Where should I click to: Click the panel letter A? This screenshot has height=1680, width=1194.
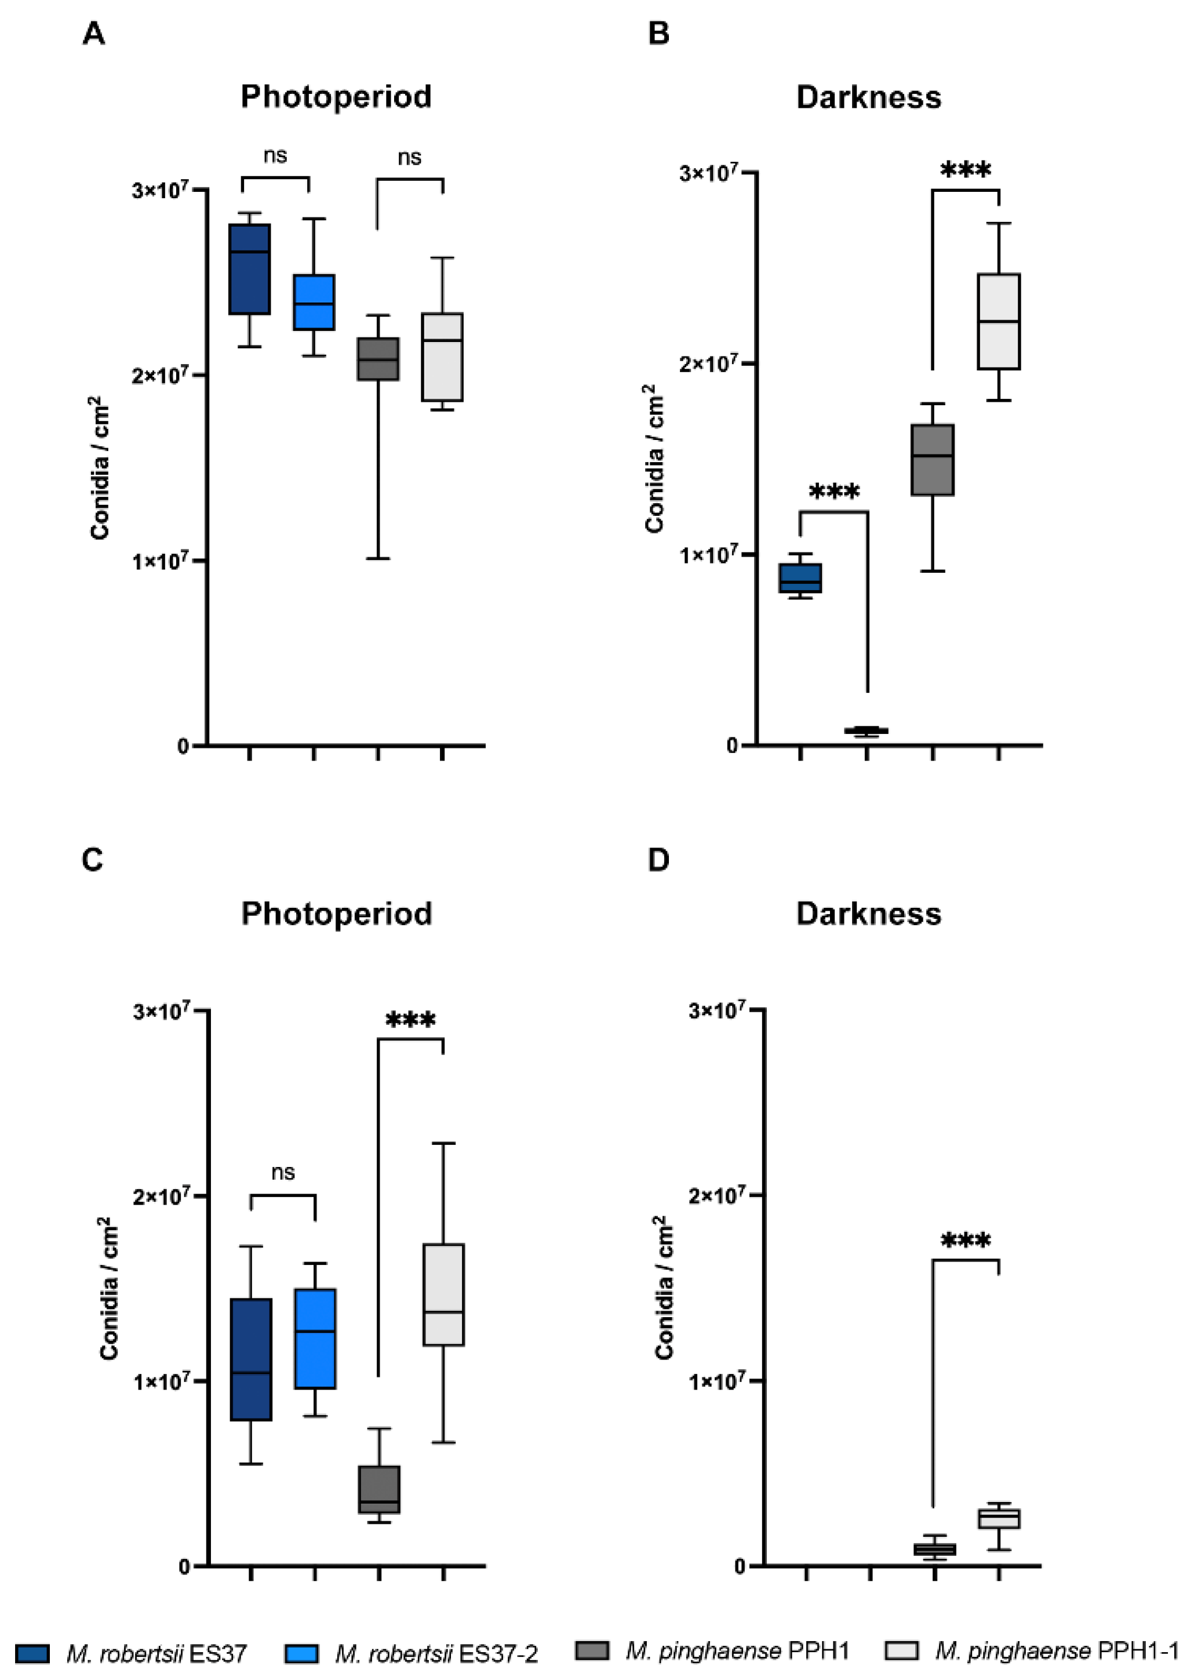click(93, 34)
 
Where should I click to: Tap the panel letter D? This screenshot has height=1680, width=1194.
click(658, 859)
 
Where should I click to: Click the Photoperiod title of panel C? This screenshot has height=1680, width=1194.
click(336, 913)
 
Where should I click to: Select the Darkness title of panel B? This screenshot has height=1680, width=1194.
click(868, 97)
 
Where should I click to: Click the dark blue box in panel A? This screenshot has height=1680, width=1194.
click(249, 269)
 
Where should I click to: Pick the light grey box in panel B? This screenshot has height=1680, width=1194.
click(999, 321)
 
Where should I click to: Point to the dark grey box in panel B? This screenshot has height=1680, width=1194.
click(932, 460)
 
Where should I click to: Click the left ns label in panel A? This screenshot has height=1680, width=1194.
click(275, 155)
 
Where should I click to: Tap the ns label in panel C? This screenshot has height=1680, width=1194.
click(283, 1172)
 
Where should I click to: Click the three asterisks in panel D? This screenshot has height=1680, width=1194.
click(966, 1242)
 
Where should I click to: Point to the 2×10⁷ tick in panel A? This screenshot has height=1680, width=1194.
click(161, 375)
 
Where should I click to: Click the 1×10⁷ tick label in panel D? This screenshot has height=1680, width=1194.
click(717, 1381)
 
